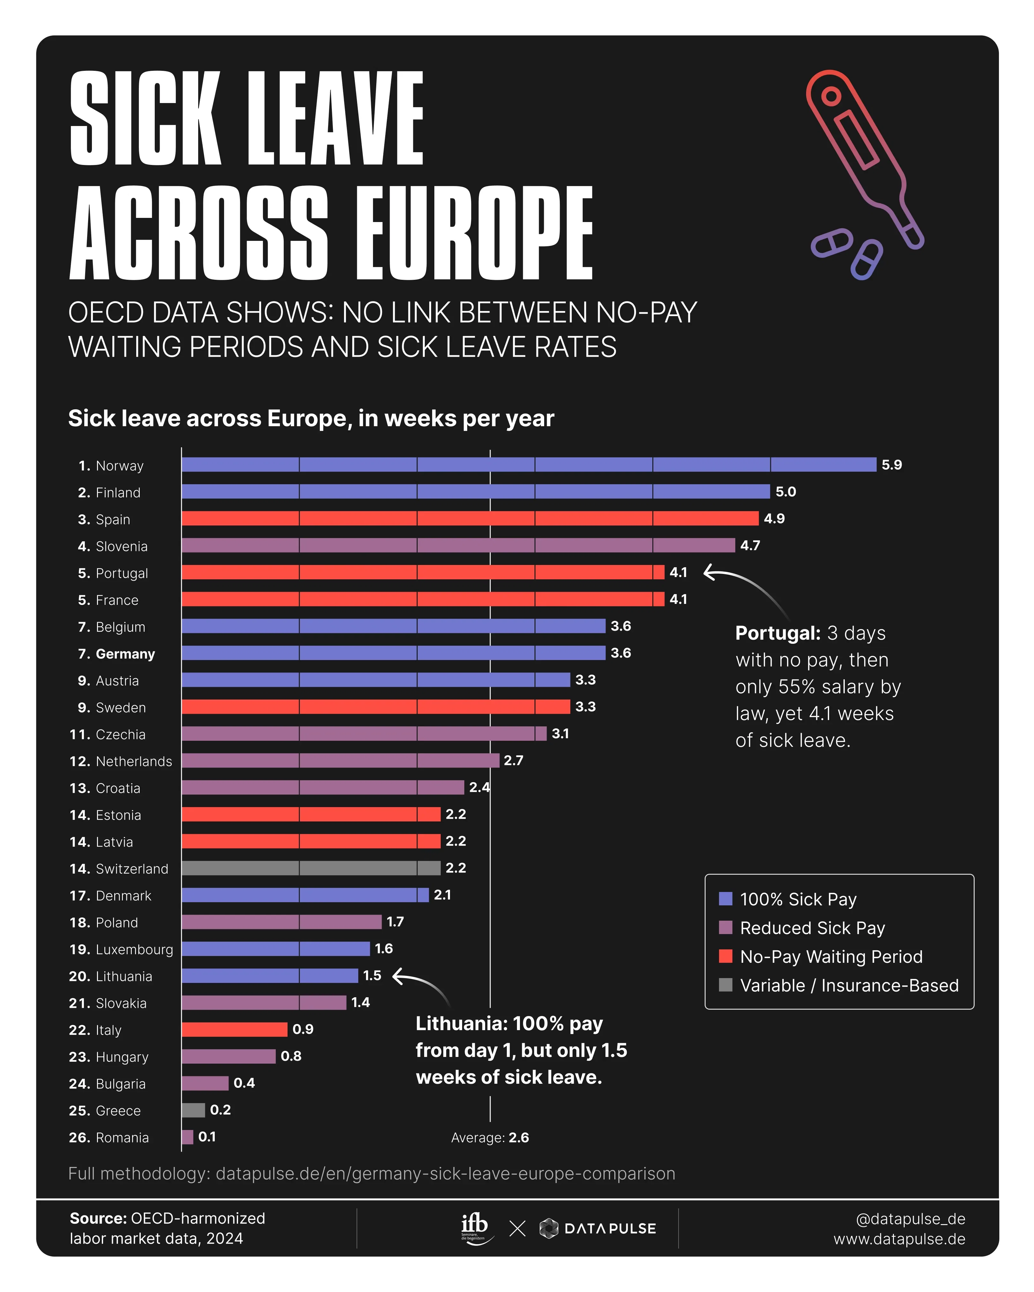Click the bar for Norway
(x=529, y=464)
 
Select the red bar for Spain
(x=470, y=518)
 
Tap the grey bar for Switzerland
(x=311, y=868)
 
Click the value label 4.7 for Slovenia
(x=750, y=545)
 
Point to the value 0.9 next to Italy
(x=303, y=1029)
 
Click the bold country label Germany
(x=125, y=654)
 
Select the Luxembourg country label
(x=134, y=949)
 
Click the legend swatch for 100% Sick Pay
(x=725, y=899)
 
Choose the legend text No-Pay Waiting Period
(x=831, y=956)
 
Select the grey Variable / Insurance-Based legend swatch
(x=725, y=985)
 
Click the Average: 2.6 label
(x=490, y=1137)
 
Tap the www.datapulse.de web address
(x=899, y=1239)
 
